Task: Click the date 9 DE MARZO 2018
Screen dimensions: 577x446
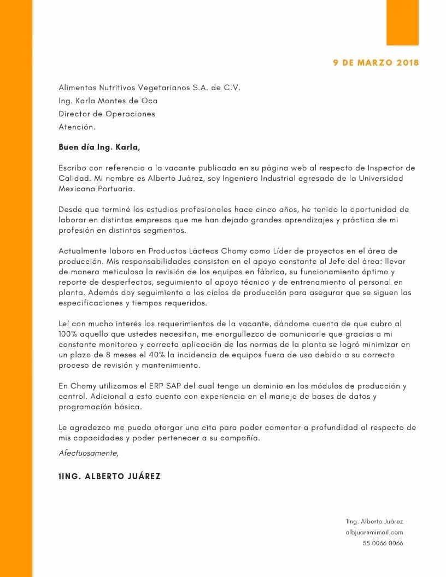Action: (376, 62)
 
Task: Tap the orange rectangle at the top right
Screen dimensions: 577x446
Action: (402, 22)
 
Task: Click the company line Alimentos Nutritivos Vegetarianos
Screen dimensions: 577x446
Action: (149, 87)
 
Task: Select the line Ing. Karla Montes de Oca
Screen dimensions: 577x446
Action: (108, 101)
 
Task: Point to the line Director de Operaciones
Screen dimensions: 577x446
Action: (107, 114)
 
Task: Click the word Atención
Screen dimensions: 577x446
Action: (77, 127)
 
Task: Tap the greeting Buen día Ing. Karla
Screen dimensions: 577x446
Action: (99, 147)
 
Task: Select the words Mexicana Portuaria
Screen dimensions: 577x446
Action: (96, 189)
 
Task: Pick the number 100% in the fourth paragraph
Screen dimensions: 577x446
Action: (68, 333)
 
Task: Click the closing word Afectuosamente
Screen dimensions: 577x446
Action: (88, 453)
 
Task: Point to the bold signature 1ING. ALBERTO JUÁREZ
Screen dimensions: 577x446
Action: (109, 476)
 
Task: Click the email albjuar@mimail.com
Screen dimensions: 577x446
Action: (374, 532)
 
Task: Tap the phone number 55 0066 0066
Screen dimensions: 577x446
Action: (383, 543)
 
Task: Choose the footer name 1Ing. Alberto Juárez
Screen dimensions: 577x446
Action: (374, 521)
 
